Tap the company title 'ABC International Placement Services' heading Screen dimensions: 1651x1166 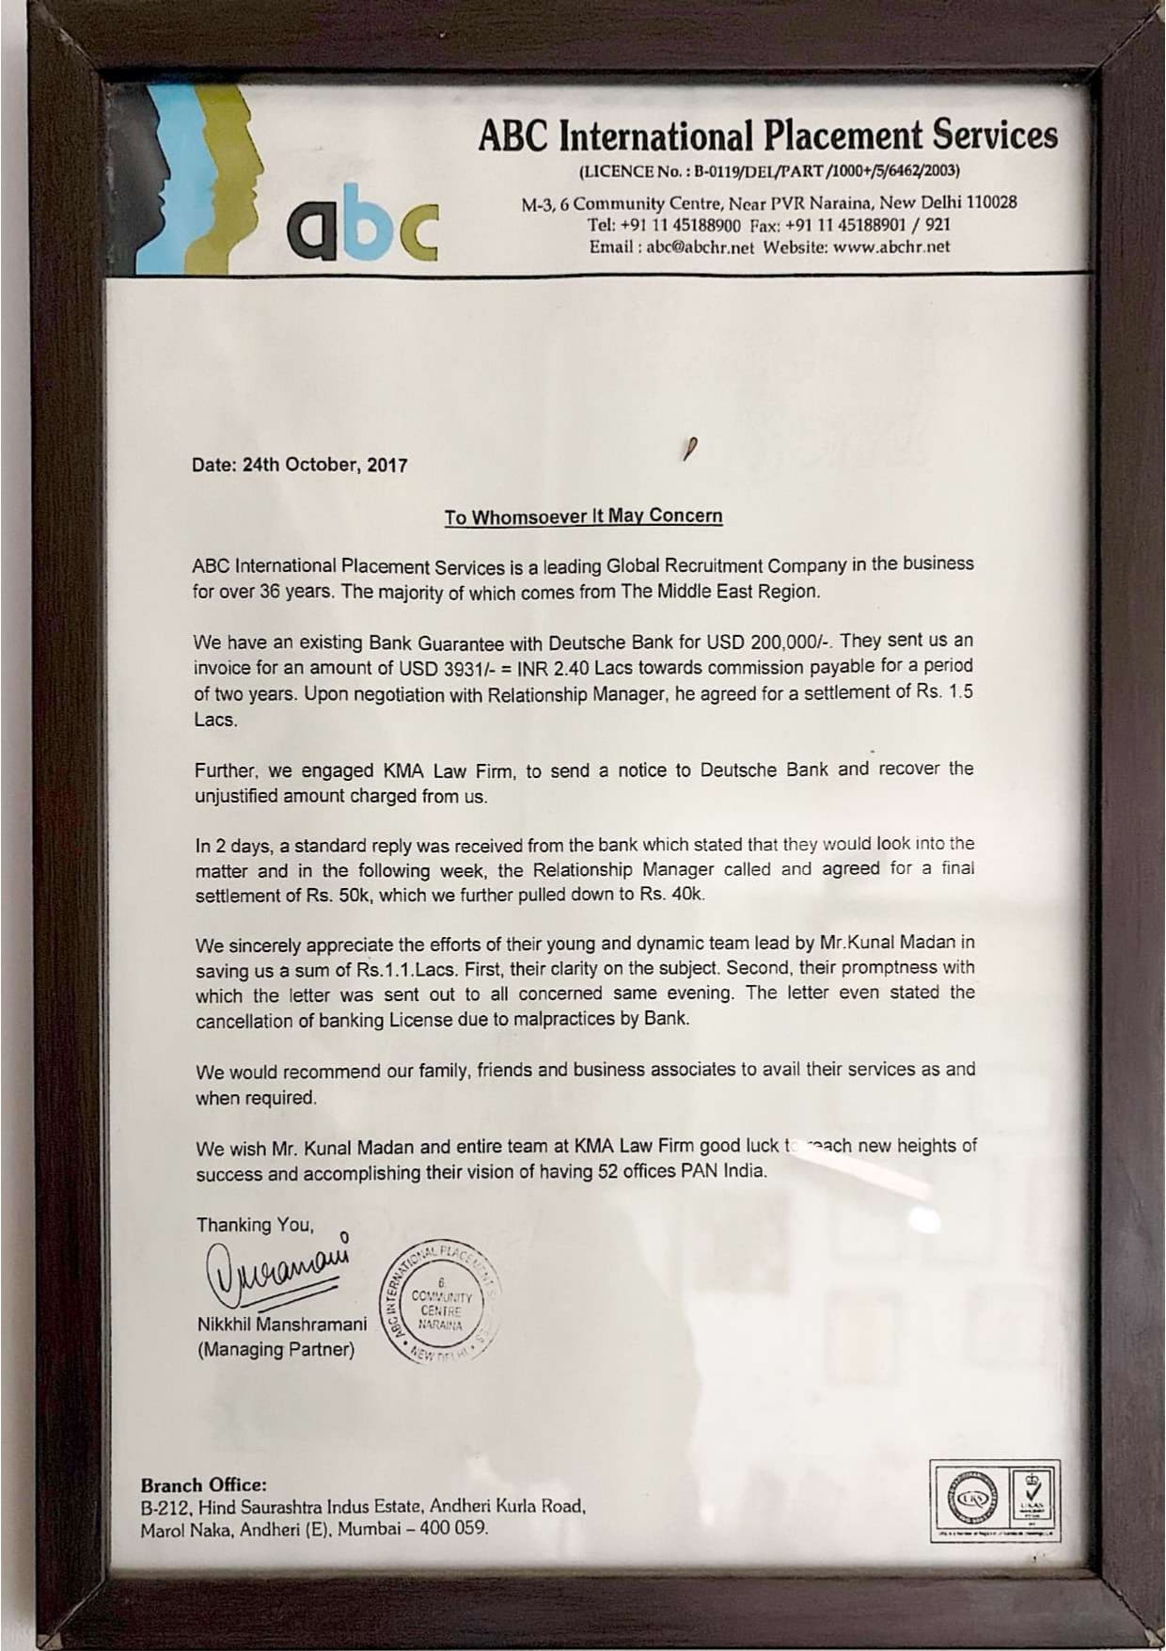coord(767,135)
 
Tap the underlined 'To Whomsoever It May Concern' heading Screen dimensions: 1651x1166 coord(583,516)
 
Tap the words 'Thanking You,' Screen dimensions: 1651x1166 coord(255,1226)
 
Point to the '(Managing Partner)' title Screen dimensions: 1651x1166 coord(276,1350)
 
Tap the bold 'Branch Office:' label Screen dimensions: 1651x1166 coord(203,1485)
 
